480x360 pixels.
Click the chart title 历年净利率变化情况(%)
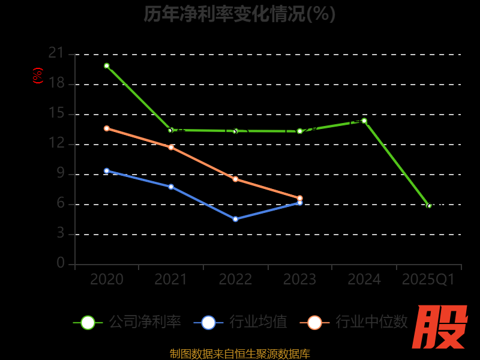point(239,14)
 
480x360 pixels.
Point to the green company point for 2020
point(107,66)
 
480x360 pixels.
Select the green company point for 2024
point(364,121)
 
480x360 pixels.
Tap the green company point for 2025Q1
point(429,206)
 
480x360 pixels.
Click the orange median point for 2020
point(107,128)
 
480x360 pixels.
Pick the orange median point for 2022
point(235,179)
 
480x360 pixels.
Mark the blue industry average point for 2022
point(235,219)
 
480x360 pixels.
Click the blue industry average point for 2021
point(171,187)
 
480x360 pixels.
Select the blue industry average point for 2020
point(107,171)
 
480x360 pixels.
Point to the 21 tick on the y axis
point(56,53)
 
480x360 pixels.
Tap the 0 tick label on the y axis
point(60,263)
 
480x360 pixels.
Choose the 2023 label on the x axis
point(299,280)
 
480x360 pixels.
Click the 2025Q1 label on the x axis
point(428,280)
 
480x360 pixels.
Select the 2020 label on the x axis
point(107,280)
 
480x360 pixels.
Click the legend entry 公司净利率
point(127,322)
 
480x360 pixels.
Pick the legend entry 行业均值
point(241,322)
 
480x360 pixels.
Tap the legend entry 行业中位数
point(358,322)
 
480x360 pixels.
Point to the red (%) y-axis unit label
point(38,76)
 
